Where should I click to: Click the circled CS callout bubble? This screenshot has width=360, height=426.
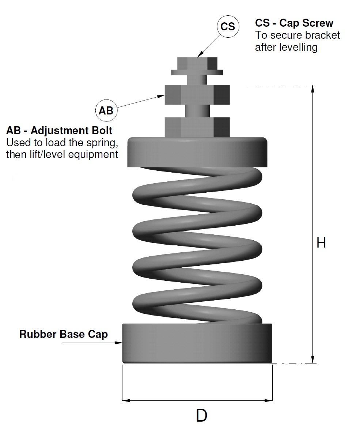(x=228, y=27)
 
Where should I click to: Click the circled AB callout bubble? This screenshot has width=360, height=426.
(x=106, y=110)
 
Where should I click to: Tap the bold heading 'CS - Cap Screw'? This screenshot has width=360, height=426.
(x=294, y=23)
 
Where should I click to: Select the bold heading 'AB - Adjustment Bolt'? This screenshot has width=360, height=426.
(x=59, y=131)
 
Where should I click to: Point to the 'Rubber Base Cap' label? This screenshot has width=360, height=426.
(x=64, y=334)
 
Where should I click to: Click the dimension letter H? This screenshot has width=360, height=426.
(x=321, y=242)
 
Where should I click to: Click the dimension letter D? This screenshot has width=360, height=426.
(x=201, y=415)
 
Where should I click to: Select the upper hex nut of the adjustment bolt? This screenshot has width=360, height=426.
(x=197, y=94)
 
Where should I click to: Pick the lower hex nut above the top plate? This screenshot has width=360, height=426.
(x=197, y=126)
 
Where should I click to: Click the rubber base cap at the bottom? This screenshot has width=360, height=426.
(x=197, y=343)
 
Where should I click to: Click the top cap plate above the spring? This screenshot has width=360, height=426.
(x=197, y=152)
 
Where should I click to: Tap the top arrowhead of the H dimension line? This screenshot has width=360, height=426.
(x=312, y=88)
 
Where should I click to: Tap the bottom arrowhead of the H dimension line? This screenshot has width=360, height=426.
(x=312, y=360)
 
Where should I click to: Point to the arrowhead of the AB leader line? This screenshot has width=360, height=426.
(x=162, y=96)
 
